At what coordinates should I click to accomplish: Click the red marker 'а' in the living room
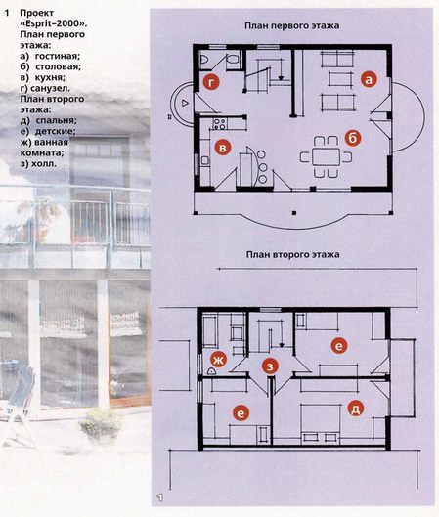tap(369, 79)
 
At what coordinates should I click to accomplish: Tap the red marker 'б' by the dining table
tap(353, 139)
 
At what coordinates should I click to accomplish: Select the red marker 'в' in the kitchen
tap(223, 148)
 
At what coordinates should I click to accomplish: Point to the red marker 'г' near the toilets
tap(211, 82)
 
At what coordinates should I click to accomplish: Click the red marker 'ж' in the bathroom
tap(219, 360)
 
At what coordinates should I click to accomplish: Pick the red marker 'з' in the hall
tap(270, 366)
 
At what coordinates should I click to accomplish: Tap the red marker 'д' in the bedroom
tap(356, 409)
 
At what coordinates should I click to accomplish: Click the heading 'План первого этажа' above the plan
tap(292, 25)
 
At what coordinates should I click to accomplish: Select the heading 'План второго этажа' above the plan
tap(292, 254)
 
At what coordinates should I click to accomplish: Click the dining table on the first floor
tap(326, 156)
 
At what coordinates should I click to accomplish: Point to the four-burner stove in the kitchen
tap(219, 124)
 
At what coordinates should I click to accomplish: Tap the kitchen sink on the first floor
tap(204, 160)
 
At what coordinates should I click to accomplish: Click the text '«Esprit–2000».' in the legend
tap(54, 23)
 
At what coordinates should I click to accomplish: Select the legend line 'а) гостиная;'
tap(50, 56)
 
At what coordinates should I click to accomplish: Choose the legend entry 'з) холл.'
tap(38, 163)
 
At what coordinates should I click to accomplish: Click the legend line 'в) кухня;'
tap(43, 77)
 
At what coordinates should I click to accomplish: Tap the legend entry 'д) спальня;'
tap(49, 120)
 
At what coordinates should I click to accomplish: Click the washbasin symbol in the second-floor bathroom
tap(211, 371)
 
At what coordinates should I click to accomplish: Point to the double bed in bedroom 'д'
tap(321, 424)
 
